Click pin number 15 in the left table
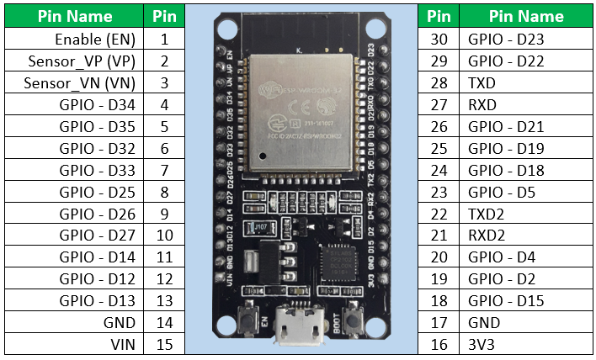[164, 344]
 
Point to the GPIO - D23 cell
[506, 39]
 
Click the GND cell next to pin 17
[483, 322]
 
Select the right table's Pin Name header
[527, 16]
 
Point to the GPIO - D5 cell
[502, 192]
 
